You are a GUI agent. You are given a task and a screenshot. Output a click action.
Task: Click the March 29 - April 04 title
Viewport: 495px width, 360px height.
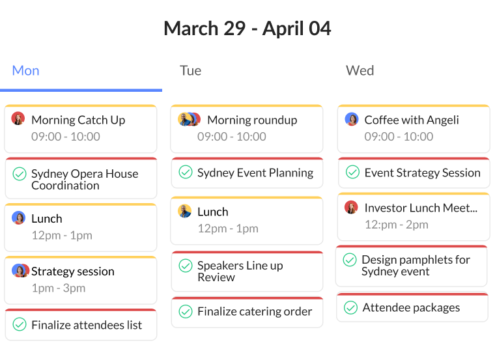pyautogui.click(x=247, y=29)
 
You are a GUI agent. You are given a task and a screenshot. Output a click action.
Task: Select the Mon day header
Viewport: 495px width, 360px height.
pyautogui.click(x=26, y=70)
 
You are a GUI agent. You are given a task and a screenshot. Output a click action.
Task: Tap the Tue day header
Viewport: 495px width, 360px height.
pyautogui.click(x=190, y=70)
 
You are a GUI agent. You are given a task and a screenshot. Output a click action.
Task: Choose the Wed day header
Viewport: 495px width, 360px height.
pyautogui.click(x=360, y=70)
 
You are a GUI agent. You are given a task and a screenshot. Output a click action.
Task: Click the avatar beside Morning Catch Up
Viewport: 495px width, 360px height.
pyautogui.click(x=18, y=119)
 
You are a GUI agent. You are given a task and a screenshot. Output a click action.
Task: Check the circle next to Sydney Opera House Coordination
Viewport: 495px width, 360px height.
pyautogui.click(x=20, y=174)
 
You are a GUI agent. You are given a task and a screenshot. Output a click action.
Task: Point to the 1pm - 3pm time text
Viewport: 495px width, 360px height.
pyautogui.click(x=58, y=288)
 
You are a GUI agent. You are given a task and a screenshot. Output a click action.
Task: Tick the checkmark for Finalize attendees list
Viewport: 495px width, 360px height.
pyautogui.click(x=20, y=324)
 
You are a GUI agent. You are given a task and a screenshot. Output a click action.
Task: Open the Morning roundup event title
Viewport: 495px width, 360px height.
pyautogui.click(x=252, y=120)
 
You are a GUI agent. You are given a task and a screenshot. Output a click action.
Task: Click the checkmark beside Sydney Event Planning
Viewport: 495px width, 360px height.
pyautogui.click(x=186, y=172)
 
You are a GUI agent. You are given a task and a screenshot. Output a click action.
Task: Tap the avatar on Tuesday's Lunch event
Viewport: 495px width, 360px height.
pyautogui.click(x=185, y=212)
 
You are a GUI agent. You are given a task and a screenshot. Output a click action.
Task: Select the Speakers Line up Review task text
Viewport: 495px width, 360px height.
pyautogui.click(x=240, y=271)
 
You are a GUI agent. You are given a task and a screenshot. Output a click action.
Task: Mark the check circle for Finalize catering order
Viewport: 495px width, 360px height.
pyautogui.click(x=186, y=311)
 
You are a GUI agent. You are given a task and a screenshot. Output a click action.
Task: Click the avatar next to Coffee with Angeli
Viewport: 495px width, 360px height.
pyautogui.click(x=352, y=119)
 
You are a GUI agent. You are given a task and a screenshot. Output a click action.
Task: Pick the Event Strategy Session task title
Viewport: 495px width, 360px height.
pyautogui.click(x=422, y=173)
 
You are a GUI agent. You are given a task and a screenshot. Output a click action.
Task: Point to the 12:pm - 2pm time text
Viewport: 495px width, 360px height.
pyautogui.click(x=396, y=225)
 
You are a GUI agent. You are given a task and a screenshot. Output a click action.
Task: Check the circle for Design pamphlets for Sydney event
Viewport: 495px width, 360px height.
pyautogui.click(x=350, y=260)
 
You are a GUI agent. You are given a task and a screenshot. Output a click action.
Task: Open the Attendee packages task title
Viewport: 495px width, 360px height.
pyautogui.click(x=411, y=307)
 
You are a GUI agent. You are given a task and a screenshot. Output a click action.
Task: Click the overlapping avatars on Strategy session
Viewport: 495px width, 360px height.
pyautogui.click(x=20, y=271)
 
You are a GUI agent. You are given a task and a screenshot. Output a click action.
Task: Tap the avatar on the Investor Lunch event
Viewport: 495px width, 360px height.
pyautogui.click(x=352, y=208)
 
